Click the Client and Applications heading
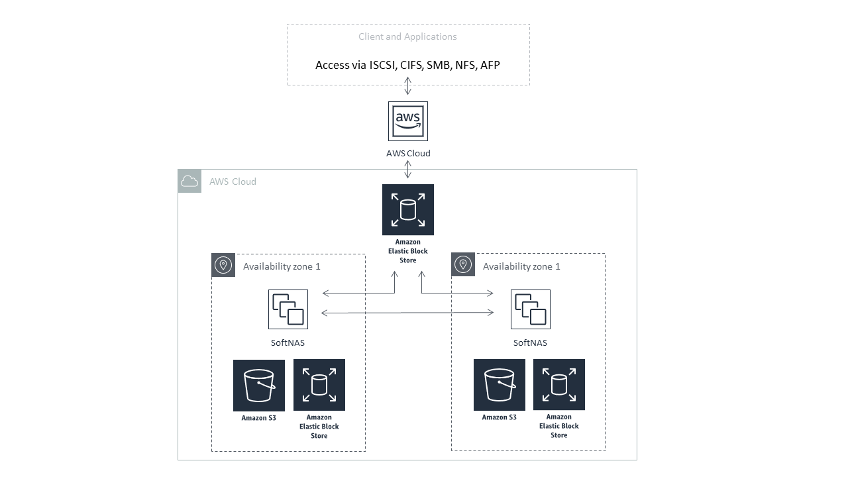point(407,36)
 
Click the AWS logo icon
point(408,121)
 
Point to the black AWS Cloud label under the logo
point(408,153)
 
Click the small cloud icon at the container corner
point(189,182)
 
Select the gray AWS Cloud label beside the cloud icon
point(233,182)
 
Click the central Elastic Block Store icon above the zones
point(408,210)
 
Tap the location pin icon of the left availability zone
point(223,266)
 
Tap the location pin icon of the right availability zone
point(463,266)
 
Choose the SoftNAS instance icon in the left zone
point(288,309)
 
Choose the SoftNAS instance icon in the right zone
point(530,309)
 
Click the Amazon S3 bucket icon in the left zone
point(259,386)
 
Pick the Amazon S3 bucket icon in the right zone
point(500,386)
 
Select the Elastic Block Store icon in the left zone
point(319,386)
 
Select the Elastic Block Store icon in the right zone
point(559,386)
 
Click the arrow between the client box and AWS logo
point(408,85)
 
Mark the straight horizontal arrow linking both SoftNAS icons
point(408,313)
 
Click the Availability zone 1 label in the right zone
point(521,266)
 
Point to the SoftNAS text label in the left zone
point(288,343)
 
